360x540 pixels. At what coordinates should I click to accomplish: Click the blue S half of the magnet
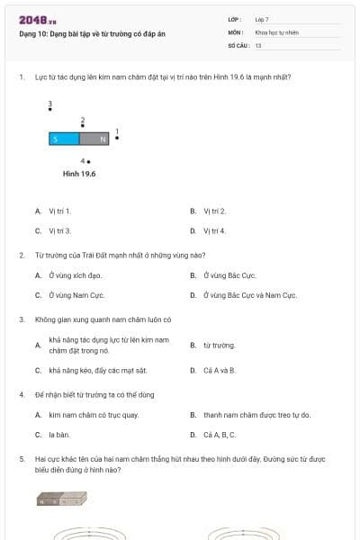[x=64, y=139]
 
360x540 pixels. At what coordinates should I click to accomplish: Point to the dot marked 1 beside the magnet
[x=117, y=138]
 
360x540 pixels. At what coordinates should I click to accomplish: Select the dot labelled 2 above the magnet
[x=83, y=126]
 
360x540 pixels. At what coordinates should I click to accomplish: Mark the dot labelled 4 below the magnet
[x=88, y=161]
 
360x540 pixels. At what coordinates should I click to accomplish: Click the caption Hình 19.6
[x=79, y=174]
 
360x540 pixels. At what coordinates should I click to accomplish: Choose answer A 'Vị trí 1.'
[x=59, y=211]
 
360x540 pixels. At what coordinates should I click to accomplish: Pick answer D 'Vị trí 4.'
[x=214, y=231]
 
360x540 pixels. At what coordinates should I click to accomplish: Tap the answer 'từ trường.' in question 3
[x=219, y=345]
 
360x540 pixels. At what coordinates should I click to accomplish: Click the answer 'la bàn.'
[x=59, y=435]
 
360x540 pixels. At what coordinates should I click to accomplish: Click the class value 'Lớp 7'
[x=262, y=18]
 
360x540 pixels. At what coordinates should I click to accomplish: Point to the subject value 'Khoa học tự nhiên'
[x=276, y=31]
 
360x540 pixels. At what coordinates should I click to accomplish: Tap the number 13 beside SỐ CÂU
[x=258, y=44]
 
